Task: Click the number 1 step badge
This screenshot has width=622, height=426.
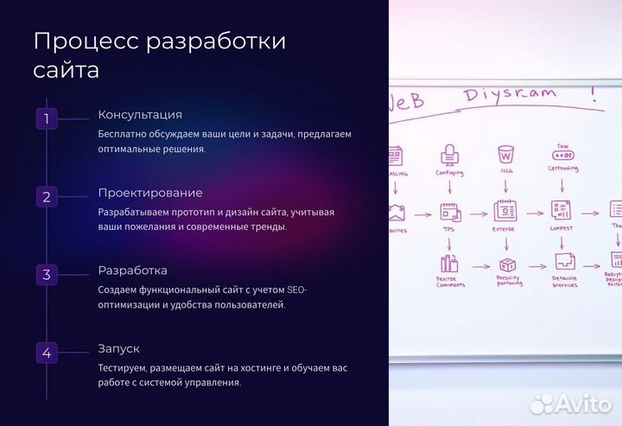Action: (47, 118)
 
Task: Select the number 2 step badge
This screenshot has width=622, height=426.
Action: (47, 196)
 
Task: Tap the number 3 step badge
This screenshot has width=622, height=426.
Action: (47, 275)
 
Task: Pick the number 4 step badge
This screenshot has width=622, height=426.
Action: (47, 353)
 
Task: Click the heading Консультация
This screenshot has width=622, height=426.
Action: (140, 115)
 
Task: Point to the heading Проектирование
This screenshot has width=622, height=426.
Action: (150, 193)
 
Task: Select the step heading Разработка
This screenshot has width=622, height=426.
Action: (133, 270)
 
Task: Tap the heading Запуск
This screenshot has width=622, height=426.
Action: (119, 348)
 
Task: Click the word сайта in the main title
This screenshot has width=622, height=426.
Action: (66, 70)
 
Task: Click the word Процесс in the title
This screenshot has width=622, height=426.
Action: (84, 41)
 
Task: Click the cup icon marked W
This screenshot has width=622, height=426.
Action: (505, 156)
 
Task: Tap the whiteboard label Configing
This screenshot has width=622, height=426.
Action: (449, 173)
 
